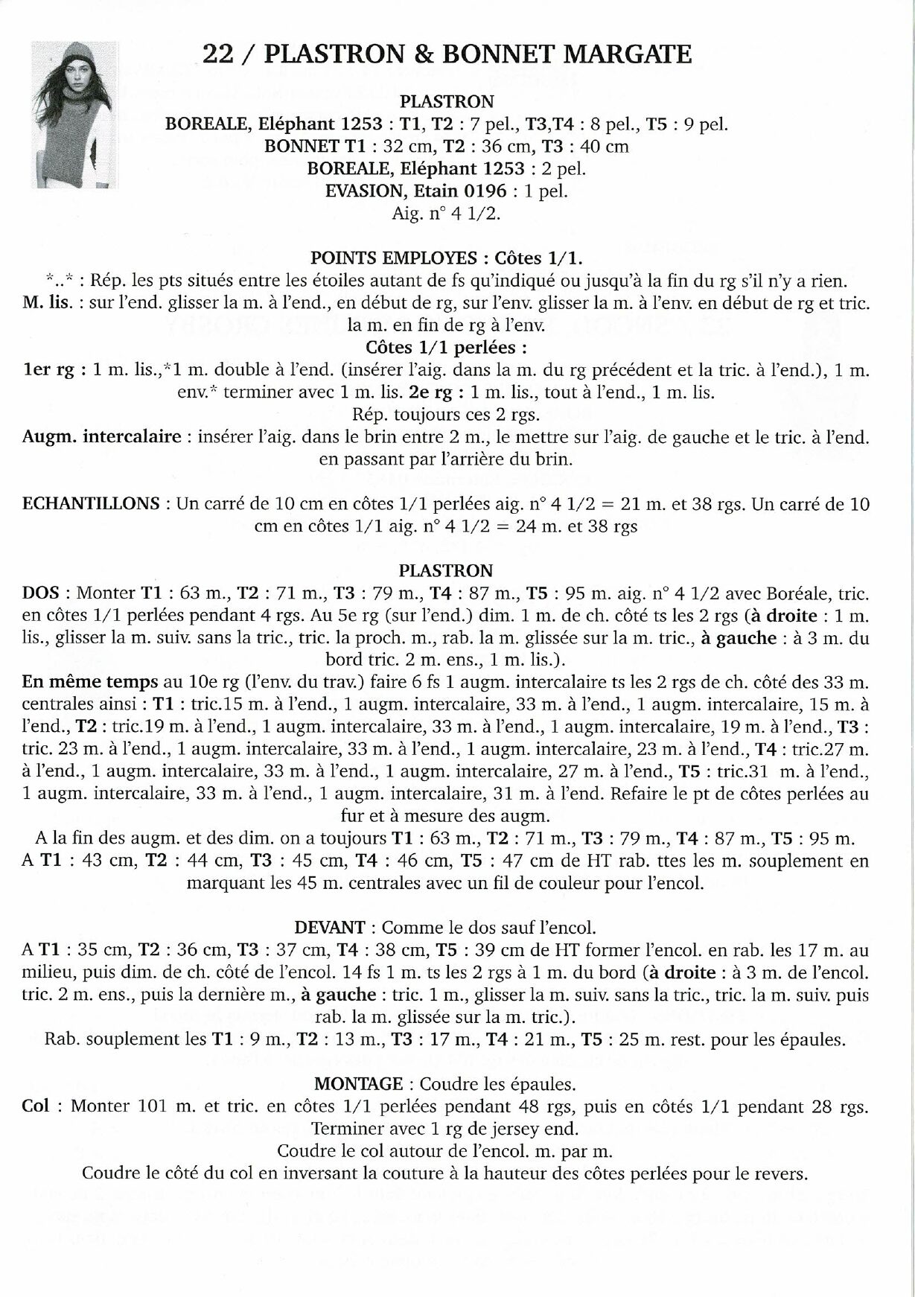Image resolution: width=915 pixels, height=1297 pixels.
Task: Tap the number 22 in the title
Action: pos(217,54)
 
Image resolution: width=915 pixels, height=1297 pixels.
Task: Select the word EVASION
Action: pos(363,191)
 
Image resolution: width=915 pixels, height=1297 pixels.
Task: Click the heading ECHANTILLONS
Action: pos(91,504)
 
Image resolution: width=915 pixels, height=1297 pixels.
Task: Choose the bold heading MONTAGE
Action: pos(359,1083)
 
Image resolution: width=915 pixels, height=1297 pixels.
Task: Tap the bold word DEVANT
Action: pos(329,928)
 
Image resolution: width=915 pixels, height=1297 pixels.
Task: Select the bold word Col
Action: pos(36,1106)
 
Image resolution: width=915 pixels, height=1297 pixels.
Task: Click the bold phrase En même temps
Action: pos(90,682)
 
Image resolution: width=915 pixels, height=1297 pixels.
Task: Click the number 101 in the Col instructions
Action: pos(153,1106)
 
